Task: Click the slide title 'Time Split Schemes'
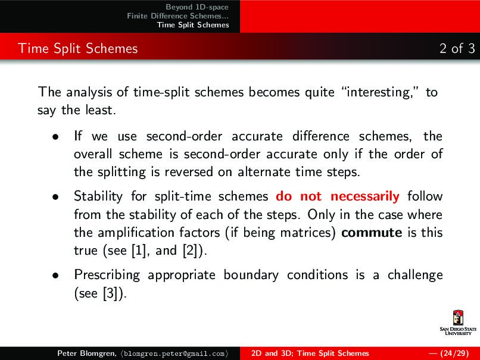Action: click(x=78, y=48)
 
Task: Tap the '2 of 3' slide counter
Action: click(x=457, y=48)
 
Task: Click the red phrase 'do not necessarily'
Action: click(x=337, y=196)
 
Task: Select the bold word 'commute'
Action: click(x=371, y=232)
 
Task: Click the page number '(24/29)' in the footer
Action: click(x=451, y=353)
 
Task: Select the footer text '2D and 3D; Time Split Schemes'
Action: click(x=310, y=353)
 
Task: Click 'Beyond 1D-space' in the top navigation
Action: click(x=197, y=7)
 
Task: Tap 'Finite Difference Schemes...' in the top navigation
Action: click(x=177, y=15)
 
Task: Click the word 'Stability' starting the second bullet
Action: click(x=98, y=196)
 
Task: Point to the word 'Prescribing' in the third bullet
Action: click(x=107, y=276)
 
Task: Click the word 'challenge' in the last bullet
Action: click(x=414, y=275)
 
